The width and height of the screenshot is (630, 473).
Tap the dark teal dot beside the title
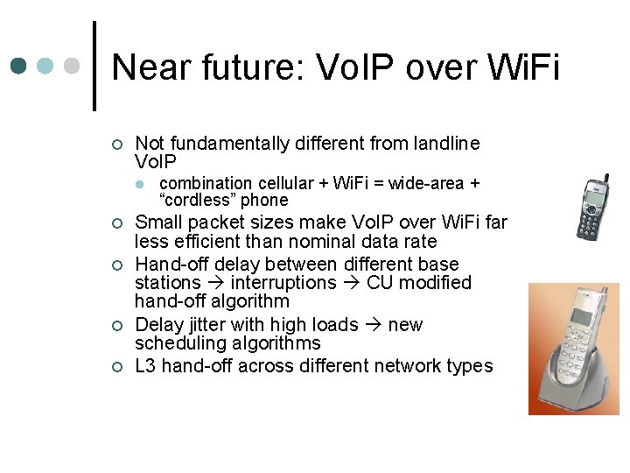point(19,66)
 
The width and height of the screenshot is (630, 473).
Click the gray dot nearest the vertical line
point(73,66)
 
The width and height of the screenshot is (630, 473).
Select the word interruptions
point(283,283)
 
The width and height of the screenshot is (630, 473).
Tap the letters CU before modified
point(381,283)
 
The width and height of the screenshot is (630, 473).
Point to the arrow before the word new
point(373,325)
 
